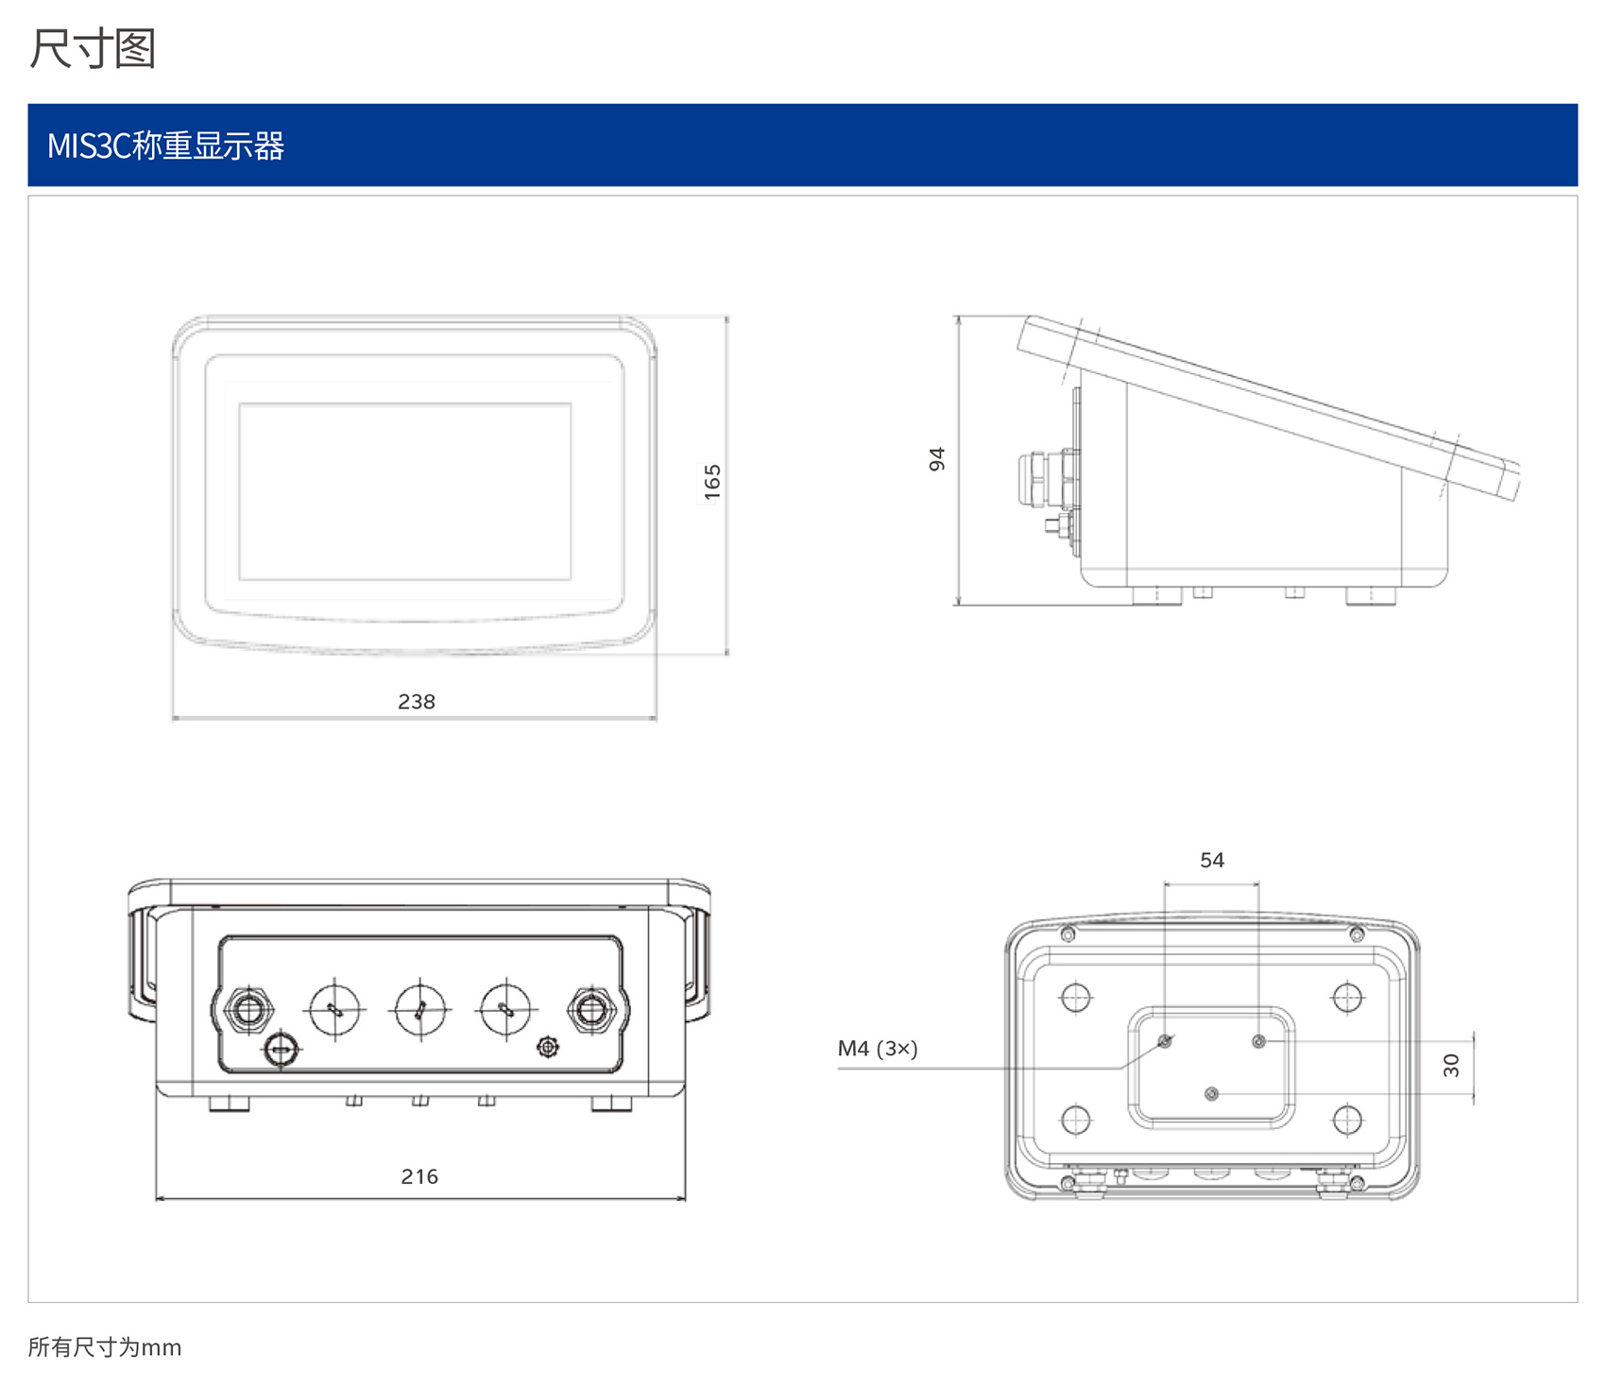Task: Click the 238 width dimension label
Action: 417,702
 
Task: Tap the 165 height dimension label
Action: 712,482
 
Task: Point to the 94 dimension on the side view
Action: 936,459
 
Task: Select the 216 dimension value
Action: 419,1177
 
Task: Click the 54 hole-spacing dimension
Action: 1212,861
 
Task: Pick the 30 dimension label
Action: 1452,1066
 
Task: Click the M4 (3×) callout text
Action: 878,1049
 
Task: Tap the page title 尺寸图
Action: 93,49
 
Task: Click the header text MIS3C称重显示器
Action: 166,146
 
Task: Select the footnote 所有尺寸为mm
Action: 105,1347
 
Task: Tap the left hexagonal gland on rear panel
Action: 248,1009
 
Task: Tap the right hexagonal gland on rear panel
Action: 591,1009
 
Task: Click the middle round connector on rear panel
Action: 420,1010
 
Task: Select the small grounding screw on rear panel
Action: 548,1047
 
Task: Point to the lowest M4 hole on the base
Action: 1212,1094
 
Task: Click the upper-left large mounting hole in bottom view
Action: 1076,997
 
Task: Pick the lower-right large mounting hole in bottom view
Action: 1347,1121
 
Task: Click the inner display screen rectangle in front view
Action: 405,491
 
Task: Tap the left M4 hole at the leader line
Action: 1165,1041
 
